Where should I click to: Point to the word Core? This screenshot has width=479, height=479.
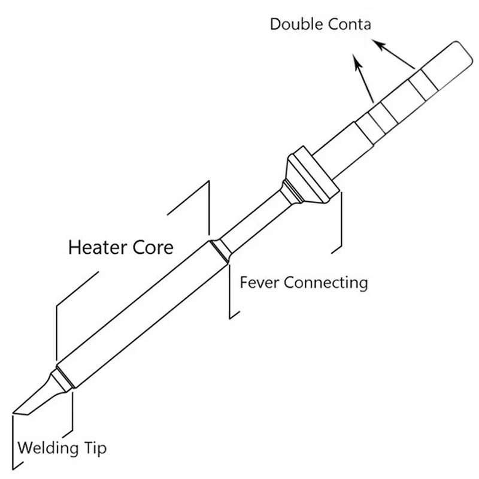(x=154, y=246)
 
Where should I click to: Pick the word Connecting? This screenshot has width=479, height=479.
(x=326, y=281)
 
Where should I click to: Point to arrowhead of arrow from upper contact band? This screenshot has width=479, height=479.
(x=376, y=43)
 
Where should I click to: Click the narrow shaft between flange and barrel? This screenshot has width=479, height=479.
(x=254, y=222)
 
